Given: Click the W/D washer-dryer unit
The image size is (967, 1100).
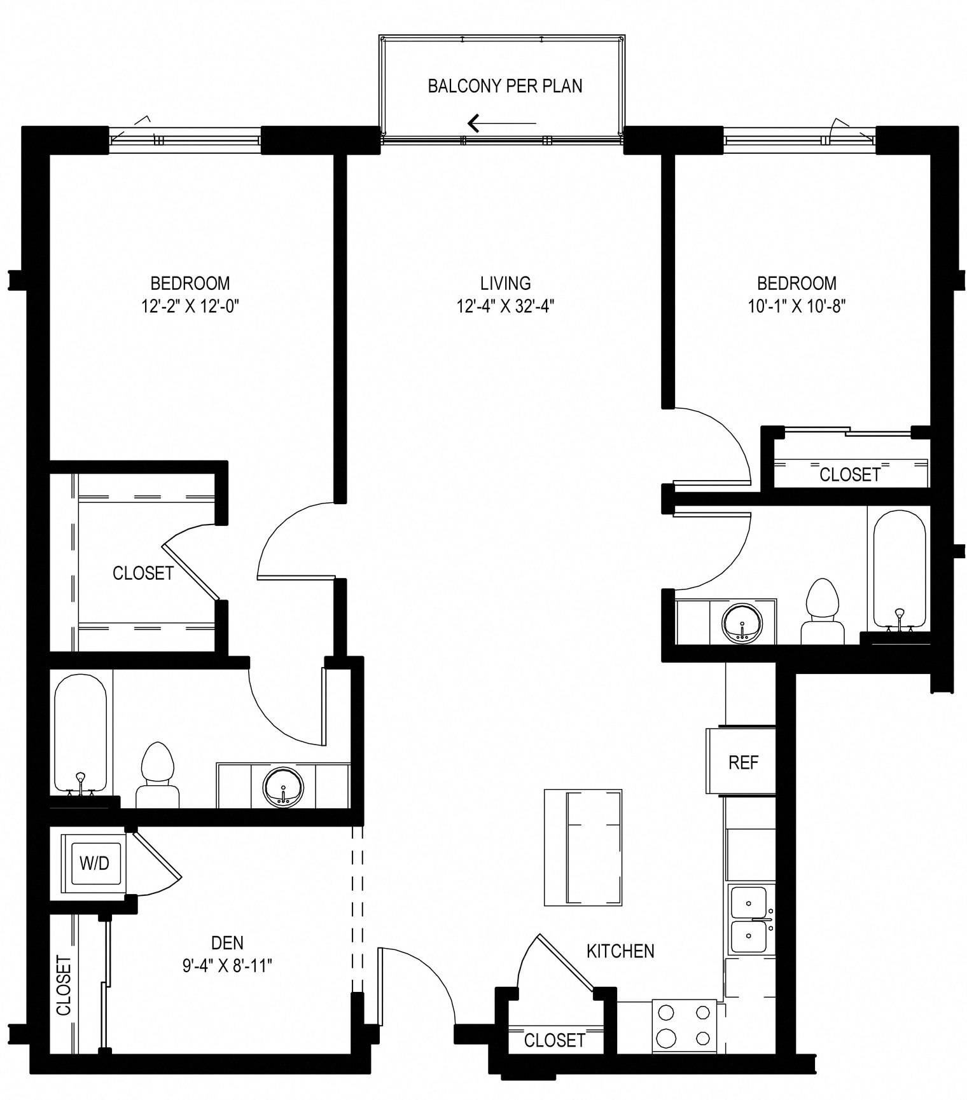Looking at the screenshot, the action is tap(95, 863).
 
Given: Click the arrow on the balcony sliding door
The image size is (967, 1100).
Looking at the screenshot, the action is tap(502, 123).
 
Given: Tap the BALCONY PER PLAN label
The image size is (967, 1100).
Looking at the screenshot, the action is tap(505, 86).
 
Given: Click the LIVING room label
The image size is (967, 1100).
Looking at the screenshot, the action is tap(506, 282).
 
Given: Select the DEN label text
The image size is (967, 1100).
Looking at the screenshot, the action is tap(227, 942).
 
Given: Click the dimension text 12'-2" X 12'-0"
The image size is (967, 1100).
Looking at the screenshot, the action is tap(190, 307).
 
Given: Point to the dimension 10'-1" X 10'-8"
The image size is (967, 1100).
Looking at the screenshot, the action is tap(797, 307).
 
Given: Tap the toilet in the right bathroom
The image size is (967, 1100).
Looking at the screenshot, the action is tap(823, 610).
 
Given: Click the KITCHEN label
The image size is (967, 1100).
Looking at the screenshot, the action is tap(620, 951).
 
